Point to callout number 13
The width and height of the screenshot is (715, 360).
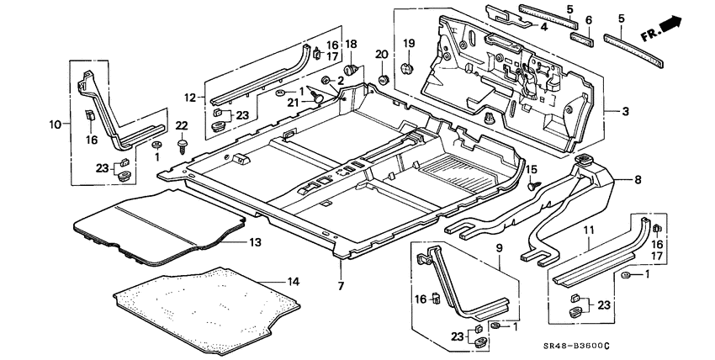pyautogui.click(x=256, y=242)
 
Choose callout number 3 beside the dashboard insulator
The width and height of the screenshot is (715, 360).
pyautogui.click(x=625, y=111)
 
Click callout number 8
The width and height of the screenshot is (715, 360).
pyautogui.click(x=638, y=178)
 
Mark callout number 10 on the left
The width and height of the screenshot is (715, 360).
pyautogui.click(x=55, y=124)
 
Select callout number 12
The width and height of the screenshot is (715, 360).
pyautogui.click(x=190, y=98)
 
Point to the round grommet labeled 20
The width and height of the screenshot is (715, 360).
pyautogui.click(x=383, y=79)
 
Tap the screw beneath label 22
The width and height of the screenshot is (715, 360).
pyautogui.click(x=183, y=148)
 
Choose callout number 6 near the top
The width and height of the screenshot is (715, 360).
pyautogui.click(x=587, y=20)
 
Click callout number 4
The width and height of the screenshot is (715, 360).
pyautogui.click(x=544, y=27)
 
